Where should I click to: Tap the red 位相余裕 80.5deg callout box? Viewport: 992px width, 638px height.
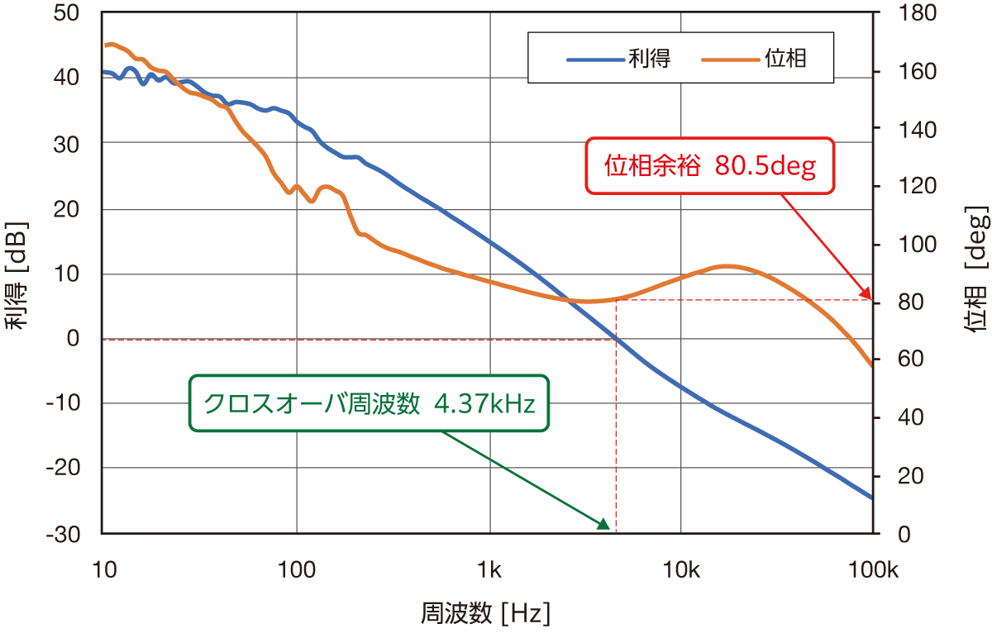tap(710, 166)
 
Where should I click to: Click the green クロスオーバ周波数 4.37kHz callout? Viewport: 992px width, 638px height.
tap(369, 404)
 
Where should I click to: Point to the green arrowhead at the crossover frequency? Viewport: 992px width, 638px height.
tap(603, 523)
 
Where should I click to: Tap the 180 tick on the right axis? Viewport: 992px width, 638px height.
tap(899, 13)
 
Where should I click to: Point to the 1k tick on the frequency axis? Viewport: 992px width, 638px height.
tap(489, 570)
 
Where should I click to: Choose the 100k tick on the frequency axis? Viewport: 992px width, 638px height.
tap(873, 570)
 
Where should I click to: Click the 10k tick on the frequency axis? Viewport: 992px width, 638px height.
tap(681, 570)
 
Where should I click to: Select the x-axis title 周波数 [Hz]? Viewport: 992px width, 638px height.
tap(486, 614)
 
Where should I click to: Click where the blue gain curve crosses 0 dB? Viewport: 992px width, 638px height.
tap(615, 338)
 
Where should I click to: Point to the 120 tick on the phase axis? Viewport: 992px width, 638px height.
tap(899, 187)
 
